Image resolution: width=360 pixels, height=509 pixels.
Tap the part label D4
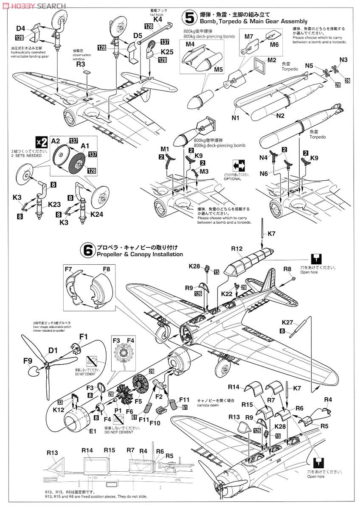tap(21, 28)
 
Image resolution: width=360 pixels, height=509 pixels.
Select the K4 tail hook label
tap(157, 19)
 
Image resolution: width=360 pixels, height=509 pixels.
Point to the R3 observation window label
tap(81, 64)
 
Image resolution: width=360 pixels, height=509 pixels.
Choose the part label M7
tap(249, 36)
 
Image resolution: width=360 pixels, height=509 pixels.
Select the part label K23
tap(54, 204)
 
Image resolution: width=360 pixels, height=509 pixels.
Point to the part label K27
tap(299, 322)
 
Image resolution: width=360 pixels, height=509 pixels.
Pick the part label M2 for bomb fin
tap(272, 60)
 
